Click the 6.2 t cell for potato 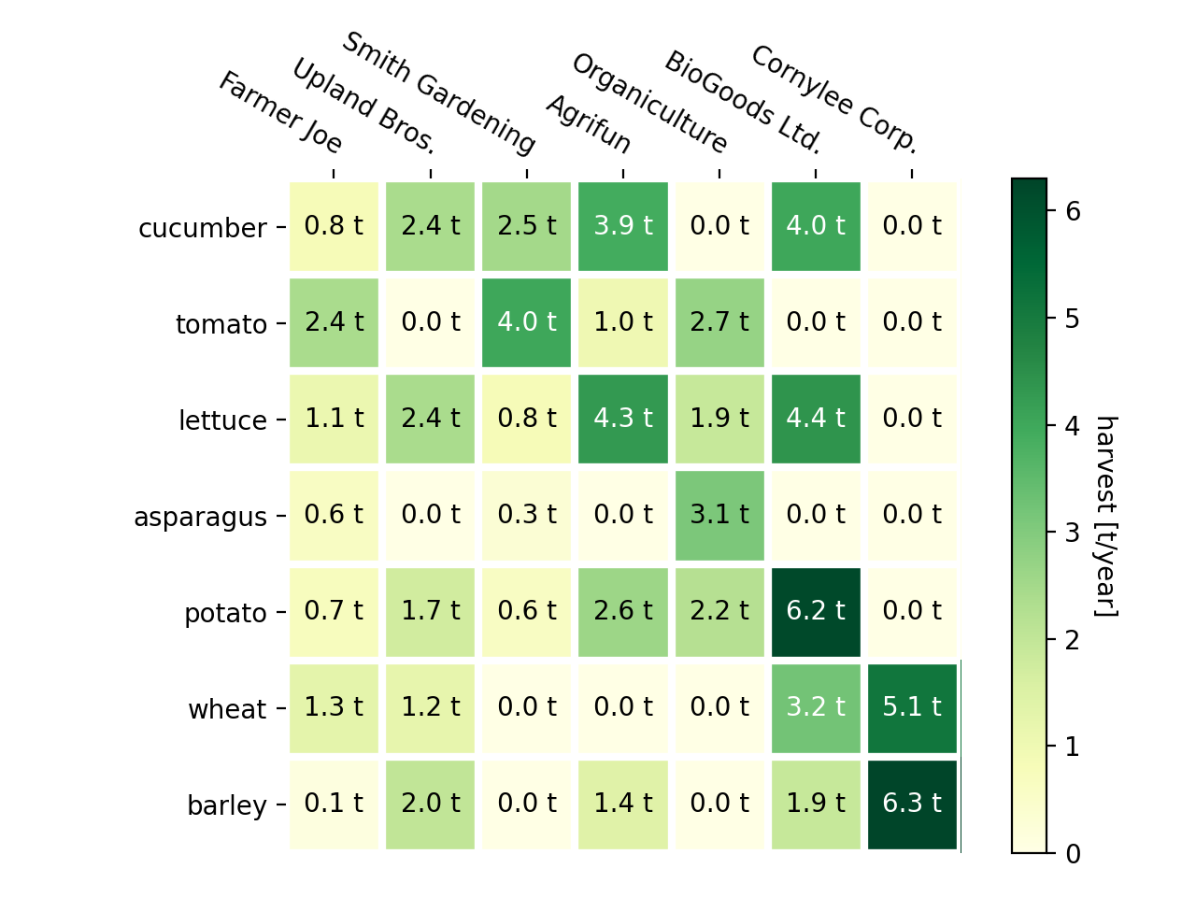[816, 612]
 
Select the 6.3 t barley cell [912, 804]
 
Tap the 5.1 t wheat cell [912, 708]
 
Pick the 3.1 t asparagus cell [719, 516]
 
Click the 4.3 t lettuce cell [623, 420]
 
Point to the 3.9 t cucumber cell [623, 227]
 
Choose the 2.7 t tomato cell [719, 323]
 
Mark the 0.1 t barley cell [335, 804]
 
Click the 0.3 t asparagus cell [527, 516]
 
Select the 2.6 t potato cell [623, 612]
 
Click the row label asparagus [200, 517]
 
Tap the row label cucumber [202, 228]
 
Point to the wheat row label [227, 709]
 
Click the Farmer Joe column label [280, 112]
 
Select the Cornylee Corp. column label [834, 98]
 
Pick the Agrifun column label [589, 123]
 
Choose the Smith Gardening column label [438, 93]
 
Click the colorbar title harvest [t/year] [1106, 516]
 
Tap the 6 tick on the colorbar [1073, 211]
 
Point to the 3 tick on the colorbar [1073, 533]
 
